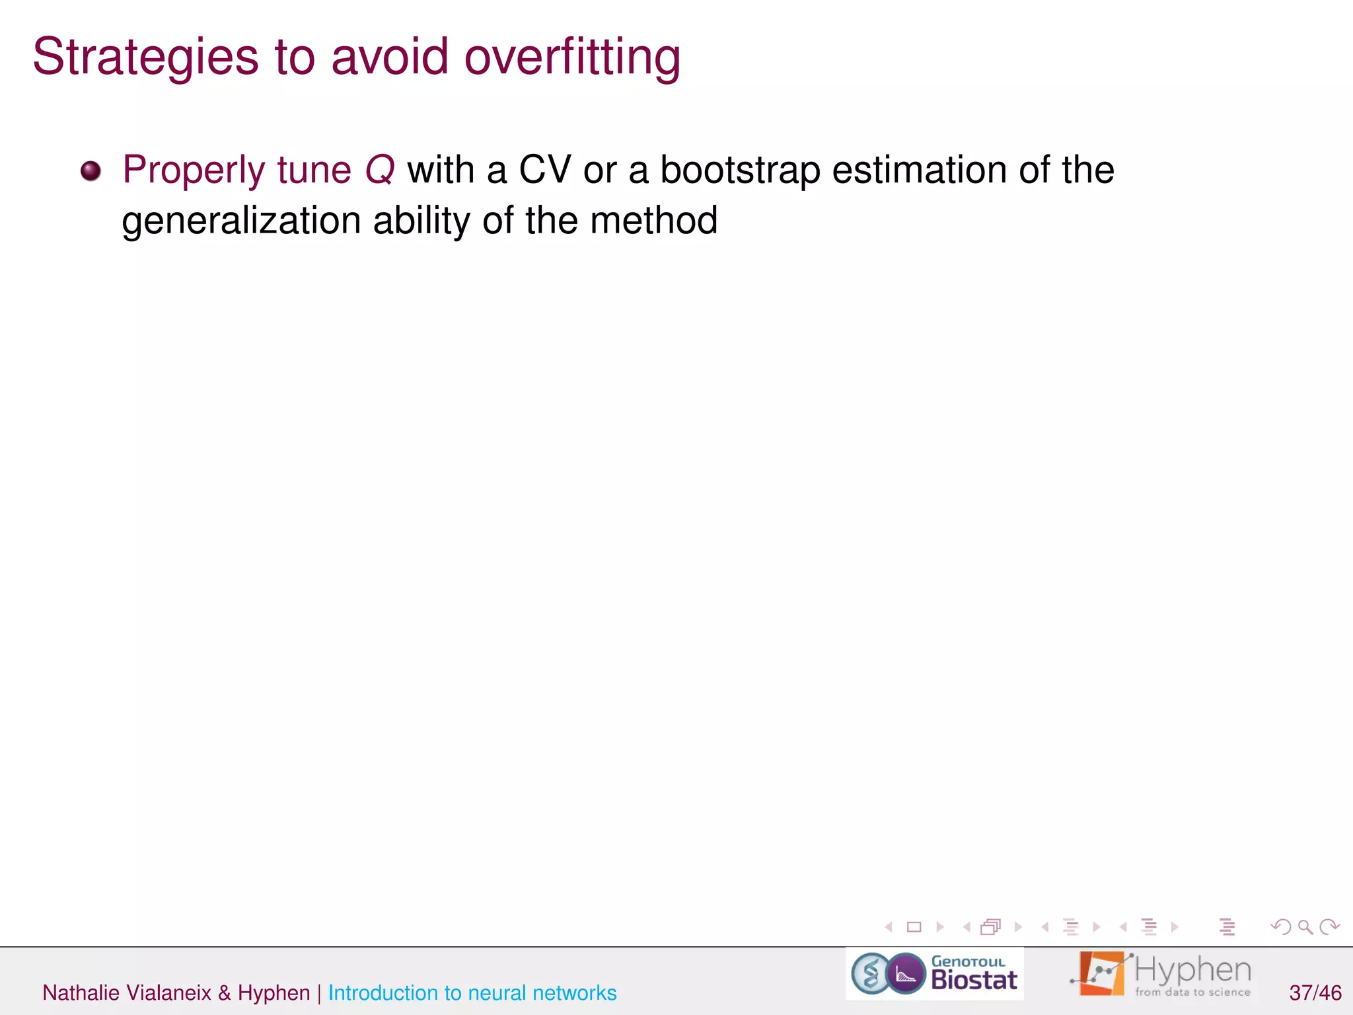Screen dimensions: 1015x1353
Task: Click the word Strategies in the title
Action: [x=145, y=58]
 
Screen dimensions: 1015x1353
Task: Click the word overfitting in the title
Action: [x=572, y=58]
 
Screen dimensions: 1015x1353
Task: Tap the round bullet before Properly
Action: [x=91, y=171]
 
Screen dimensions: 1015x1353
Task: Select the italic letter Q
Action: [x=380, y=170]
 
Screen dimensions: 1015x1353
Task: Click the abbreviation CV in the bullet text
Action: [x=544, y=170]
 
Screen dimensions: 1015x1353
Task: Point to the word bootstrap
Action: [x=740, y=170]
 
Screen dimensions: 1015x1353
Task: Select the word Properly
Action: [x=194, y=170]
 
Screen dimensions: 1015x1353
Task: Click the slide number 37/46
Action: [x=1315, y=993]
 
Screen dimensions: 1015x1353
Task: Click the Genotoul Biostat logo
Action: [x=934, y=973]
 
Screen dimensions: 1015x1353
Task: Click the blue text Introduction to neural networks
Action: [x=472, y=993]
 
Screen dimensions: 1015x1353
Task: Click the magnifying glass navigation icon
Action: [x=1305, y=927]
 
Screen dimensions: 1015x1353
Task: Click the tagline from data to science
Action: [x=1192, y=992]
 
